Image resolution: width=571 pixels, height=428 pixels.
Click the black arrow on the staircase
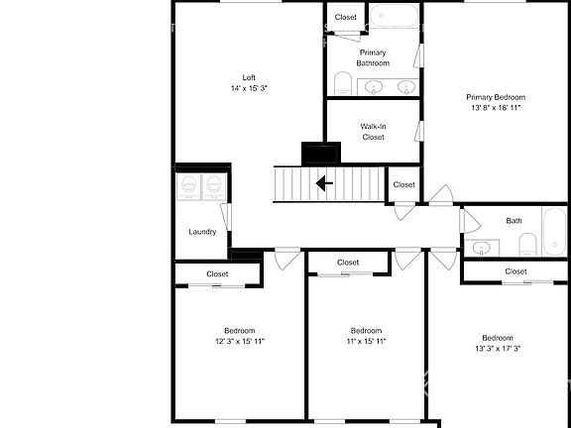[324, 183]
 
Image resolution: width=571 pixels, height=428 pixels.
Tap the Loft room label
[249, 77]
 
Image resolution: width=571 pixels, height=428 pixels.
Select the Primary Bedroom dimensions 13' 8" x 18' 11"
[496, 108]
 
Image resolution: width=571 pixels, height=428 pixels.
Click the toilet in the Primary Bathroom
[342, 83]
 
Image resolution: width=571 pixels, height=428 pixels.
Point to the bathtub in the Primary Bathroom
[395, 16]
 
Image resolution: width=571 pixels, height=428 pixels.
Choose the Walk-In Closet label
[373, 132]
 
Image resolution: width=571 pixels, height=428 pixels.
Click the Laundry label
[202, 232]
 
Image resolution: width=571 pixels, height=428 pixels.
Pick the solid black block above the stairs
[321, 154]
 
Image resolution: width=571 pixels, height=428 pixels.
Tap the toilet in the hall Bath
[527, 244]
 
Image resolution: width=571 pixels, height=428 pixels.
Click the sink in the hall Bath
[481, 248]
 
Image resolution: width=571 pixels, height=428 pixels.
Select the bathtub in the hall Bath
[554, 232]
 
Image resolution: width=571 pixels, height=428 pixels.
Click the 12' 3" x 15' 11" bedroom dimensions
[240, 342]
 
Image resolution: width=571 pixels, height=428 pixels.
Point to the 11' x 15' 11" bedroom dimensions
[366, 342]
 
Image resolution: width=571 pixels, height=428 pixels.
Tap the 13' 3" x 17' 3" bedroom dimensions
[498, 349]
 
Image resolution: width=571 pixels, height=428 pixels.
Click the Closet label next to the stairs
[403, 184]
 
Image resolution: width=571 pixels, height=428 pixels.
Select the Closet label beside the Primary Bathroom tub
[346, 17]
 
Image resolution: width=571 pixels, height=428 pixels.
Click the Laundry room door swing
[226, 217]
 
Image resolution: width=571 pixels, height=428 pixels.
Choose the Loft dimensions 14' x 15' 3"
[249, 88]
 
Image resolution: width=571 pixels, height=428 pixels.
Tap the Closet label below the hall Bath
[515, 271]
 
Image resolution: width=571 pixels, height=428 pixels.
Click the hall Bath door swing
[471, 221]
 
